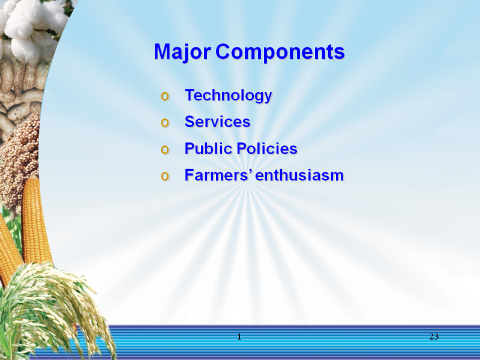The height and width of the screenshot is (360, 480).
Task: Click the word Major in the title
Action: [x=182, y=52]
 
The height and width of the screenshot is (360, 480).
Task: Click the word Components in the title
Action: [x=280, y=52]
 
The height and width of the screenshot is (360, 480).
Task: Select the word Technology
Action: [x=229, y=95]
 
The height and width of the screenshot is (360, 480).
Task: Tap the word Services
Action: [x=217, y=122]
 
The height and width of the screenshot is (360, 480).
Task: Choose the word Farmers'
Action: [x=219, y=175]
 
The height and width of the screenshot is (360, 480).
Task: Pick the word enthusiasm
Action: [x=299, y=176]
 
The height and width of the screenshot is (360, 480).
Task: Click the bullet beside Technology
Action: [x=164, y=97]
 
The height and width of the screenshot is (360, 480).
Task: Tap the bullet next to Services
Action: [x=164, y=123]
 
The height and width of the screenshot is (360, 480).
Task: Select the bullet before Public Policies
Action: [x=164, y=149]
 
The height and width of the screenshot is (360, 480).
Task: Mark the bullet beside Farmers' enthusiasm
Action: [x=164, y=176]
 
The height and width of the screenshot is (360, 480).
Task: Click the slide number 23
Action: [x=434, y=337]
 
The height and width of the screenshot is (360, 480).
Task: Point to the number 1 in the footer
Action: [x=239, y=337]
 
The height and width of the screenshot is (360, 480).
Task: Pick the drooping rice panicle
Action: [x=52, y=309]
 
